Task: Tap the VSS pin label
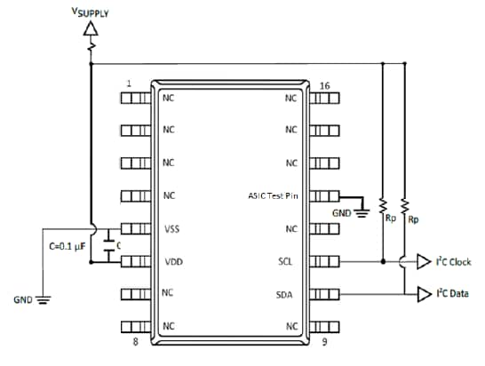[171, 229]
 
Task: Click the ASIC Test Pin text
[274, 196]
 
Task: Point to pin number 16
[324, 86]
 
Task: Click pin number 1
[130, 84]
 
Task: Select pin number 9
[324, 341]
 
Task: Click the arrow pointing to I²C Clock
[424, 262]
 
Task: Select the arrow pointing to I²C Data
[424, 294]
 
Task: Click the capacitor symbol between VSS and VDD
[107, 245]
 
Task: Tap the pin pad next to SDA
[324, 294]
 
